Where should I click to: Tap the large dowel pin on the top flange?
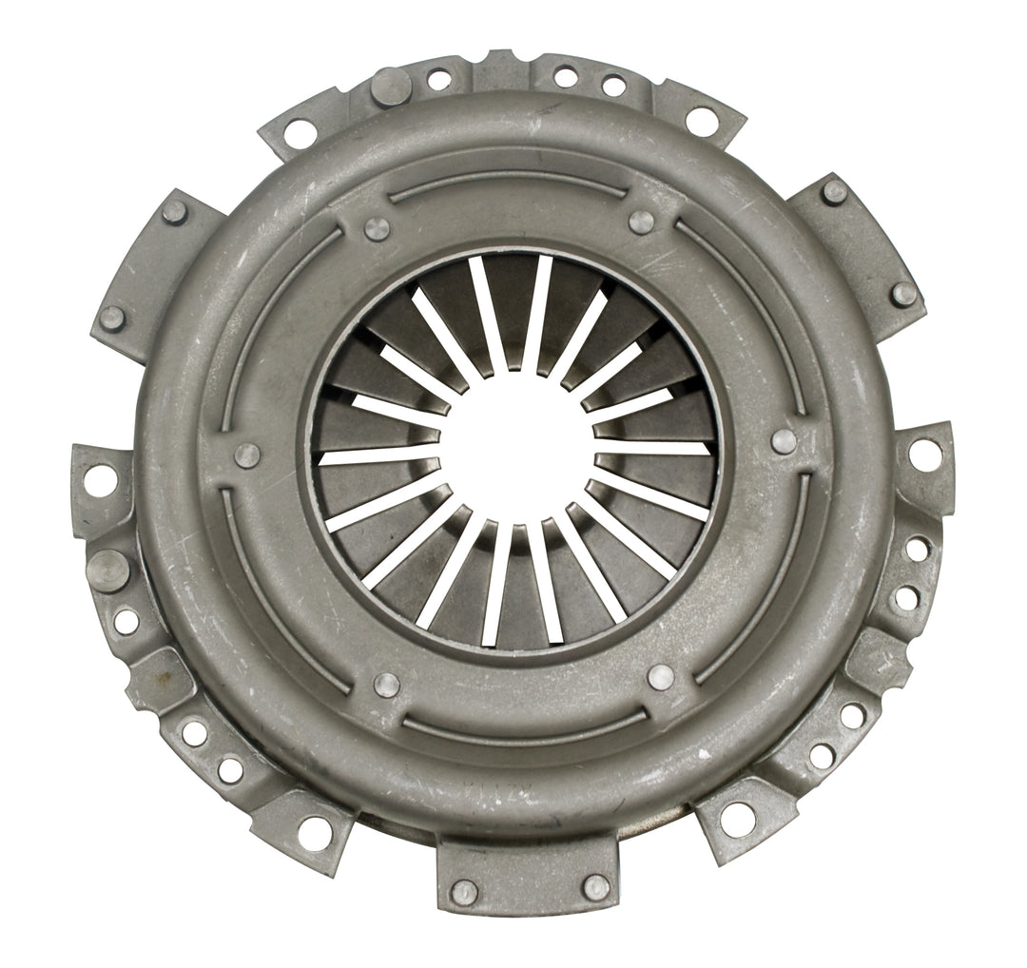[390, 87]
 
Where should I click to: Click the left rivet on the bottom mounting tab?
[464, 892]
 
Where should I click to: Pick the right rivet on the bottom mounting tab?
[596, 886]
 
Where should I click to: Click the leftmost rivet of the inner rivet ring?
[247, 455]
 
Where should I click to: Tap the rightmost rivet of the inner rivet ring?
[785, 440]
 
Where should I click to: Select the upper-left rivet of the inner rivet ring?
[377, 228]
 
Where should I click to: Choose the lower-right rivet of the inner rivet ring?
[660, 676]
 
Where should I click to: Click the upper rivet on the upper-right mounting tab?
[834, 192]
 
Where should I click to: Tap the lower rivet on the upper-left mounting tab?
[112, 318]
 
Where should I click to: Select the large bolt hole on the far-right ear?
[925, 454]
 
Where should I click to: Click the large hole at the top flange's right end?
[701, 121]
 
